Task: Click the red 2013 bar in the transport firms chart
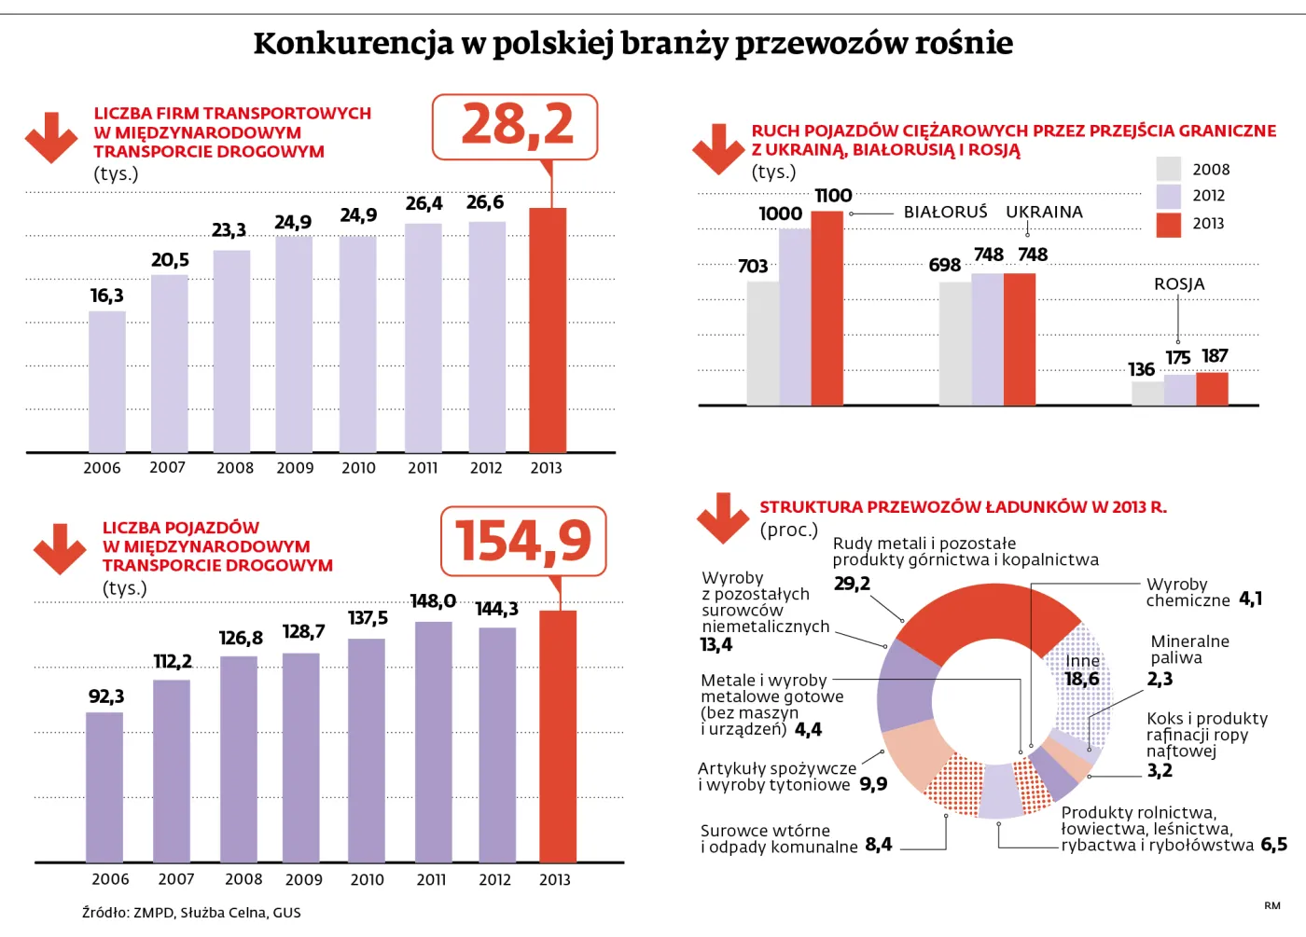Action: (548, 331)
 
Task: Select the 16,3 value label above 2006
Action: (106, 296)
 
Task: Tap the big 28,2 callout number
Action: (517, 125)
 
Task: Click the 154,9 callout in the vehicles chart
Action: (523, 541)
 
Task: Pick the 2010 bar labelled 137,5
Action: (366, 751)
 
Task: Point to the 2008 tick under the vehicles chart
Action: (243, 879)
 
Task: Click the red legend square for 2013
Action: (1168, 224)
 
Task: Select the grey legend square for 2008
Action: (1168, 169)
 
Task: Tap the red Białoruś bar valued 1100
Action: (827, 308)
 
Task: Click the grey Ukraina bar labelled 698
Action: (954, 343)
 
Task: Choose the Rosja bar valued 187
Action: (1212, 389)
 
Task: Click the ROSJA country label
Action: (1179, 284)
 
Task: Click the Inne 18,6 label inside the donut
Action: (1082, 670)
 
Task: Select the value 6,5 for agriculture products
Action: (1273, 845)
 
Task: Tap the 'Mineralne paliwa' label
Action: (1189, 650)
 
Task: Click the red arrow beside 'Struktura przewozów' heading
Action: (722, 517)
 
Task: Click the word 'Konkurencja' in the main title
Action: (353, 43)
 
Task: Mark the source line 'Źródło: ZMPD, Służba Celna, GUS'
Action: (191, 913)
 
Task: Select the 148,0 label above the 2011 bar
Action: (433, 601)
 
